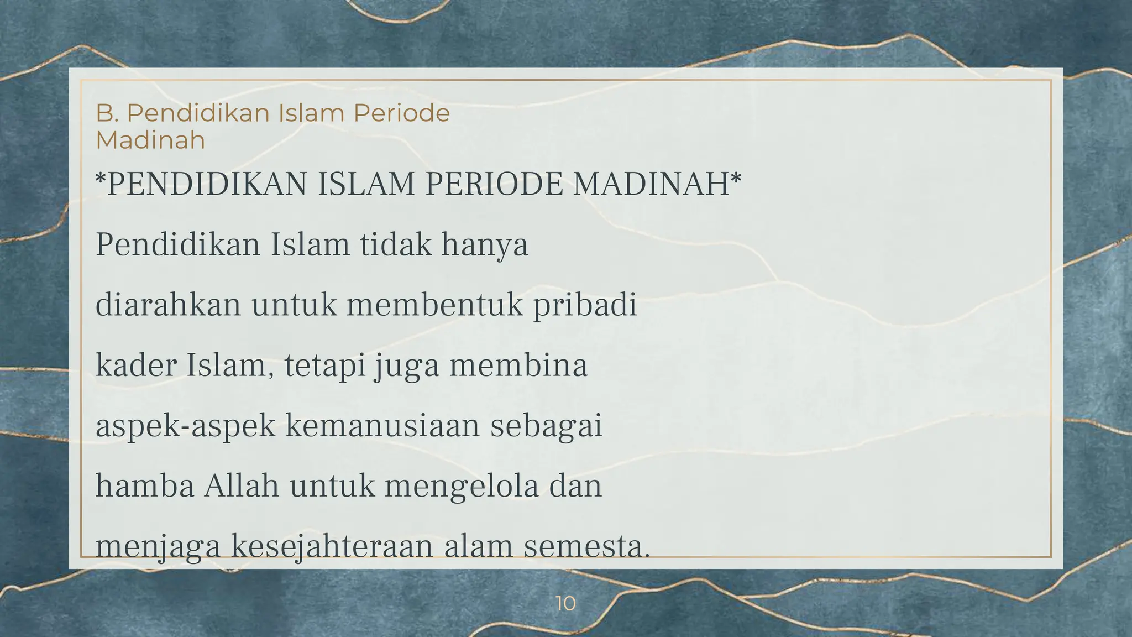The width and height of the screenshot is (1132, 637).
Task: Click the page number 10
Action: (x=565, y=603)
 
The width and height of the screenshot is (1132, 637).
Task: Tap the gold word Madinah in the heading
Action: (x=150, y=140)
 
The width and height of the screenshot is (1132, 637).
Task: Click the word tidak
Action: (x=395, y=244)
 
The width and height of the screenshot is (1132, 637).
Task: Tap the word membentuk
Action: (x=434, y=305)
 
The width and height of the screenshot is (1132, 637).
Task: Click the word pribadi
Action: (x=585, y=306)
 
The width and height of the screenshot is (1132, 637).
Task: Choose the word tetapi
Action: (x=326, y=366)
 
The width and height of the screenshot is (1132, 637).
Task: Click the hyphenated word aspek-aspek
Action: (x=185, y=426)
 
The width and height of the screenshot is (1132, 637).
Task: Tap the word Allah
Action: (x=242, y=485)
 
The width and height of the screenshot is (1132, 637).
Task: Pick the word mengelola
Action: (x=462, y=487)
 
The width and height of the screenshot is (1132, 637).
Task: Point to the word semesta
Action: (x=586, y=546)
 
